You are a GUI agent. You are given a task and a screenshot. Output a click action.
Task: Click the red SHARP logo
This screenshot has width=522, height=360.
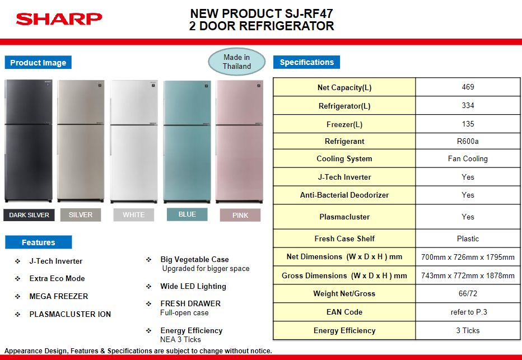[x=59, y=19]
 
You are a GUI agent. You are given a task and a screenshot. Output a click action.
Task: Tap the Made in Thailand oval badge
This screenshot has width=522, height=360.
[x=237, y=62]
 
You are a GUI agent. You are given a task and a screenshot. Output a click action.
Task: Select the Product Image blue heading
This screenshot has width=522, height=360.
[x=38, y=63]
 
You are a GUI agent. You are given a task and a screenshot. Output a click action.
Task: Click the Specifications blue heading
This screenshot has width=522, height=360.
[x=306, y=62]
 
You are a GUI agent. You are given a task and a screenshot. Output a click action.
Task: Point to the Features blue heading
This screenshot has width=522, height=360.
[x=38, y=242]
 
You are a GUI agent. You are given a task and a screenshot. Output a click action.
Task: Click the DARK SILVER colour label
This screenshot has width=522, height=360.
[x=29, y=215]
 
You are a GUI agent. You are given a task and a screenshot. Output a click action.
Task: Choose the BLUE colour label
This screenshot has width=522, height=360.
[x=187, y=214]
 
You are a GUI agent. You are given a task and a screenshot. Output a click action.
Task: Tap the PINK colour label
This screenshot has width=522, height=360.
[x=240, y=215]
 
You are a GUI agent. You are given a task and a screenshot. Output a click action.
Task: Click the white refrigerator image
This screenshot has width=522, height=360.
[x=134, y=142]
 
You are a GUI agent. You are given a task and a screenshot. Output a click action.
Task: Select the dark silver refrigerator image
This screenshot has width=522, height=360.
[x=29, y=141]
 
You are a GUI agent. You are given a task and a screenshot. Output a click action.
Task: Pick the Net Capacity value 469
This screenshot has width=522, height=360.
[x=468, y=87]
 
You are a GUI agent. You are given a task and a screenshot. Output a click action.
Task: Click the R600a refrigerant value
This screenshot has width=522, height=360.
[x=468, y=142]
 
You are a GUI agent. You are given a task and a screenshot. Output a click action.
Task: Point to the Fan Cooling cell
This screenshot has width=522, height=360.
[x=468, y=158]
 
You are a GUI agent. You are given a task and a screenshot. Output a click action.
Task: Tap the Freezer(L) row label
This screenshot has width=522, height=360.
[x=344, y=124]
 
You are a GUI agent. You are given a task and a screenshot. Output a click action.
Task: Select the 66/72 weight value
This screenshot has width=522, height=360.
[x=468, y=293]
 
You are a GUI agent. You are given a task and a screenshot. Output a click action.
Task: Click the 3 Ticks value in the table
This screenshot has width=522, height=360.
[x=468, y=330]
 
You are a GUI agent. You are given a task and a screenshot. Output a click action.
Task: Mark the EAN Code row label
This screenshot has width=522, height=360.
[x=344, y=312]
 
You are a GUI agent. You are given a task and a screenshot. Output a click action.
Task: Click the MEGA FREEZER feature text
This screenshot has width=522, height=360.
[x=59, y=296]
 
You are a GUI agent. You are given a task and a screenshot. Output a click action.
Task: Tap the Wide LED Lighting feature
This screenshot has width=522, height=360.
[x=193, y=287]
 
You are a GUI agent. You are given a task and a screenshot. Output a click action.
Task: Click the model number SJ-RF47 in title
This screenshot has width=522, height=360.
[x=304, y=13]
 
